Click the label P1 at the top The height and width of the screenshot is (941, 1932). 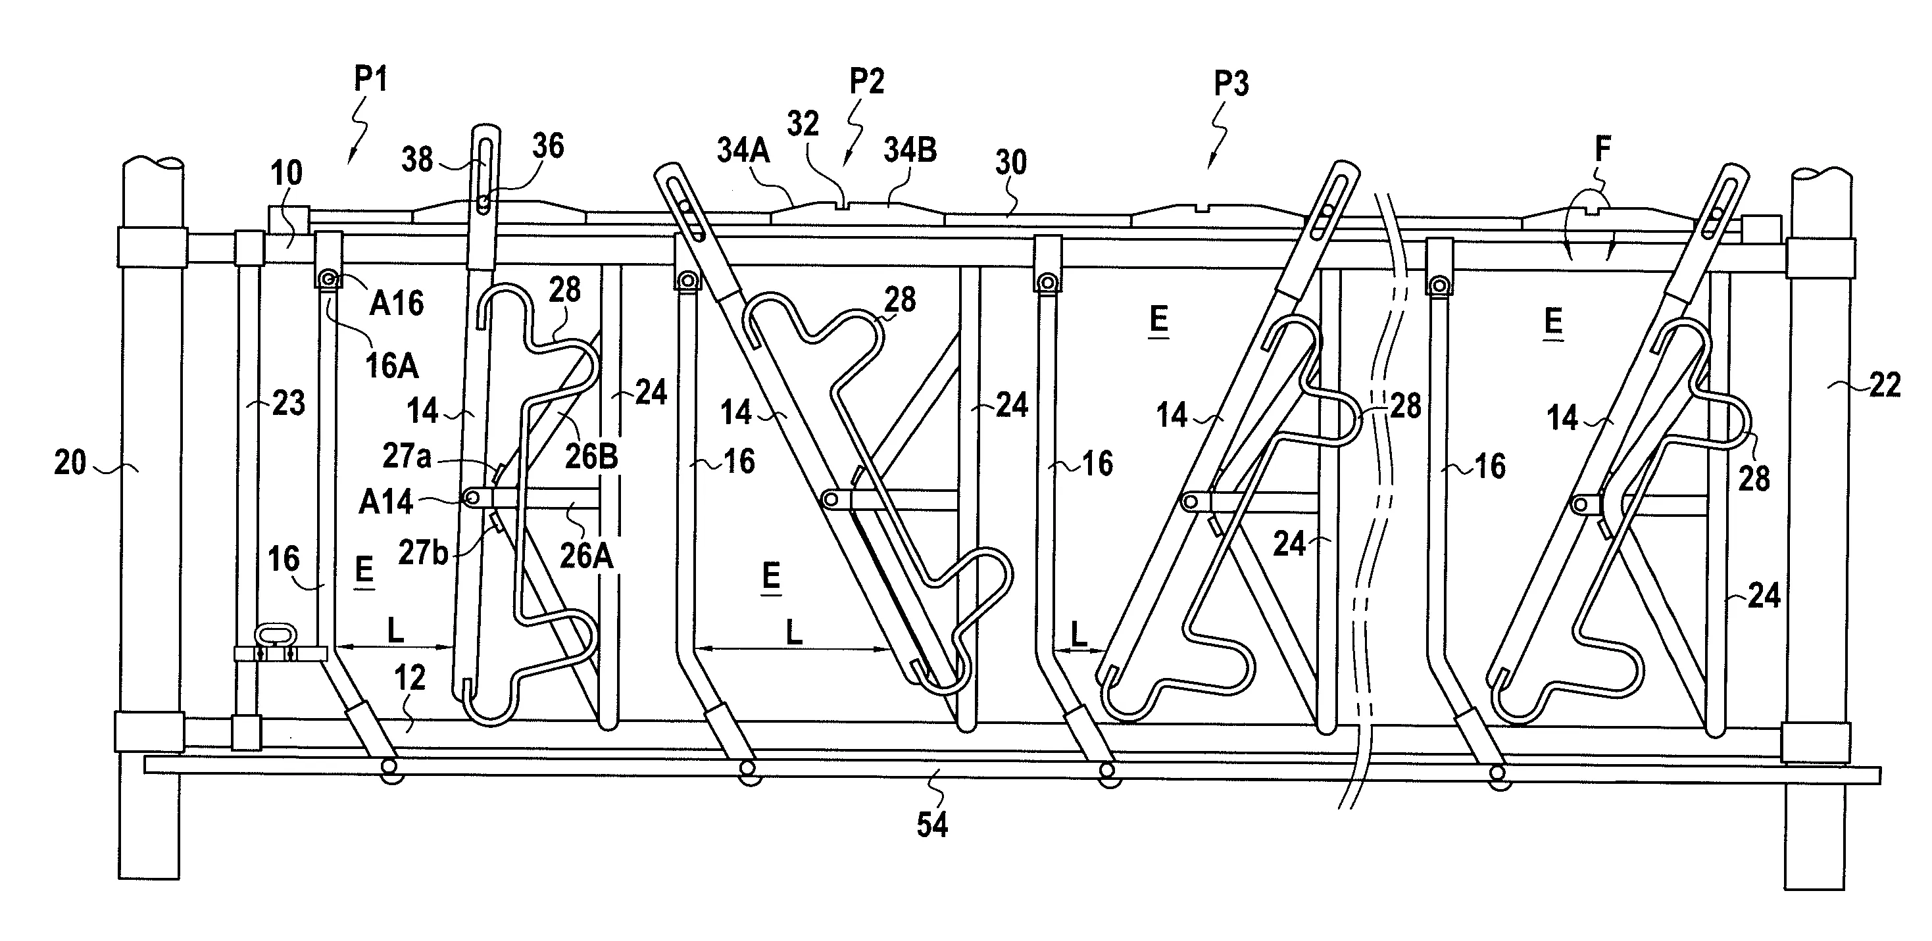pos(370,79)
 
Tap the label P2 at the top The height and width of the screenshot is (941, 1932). pos(867,81)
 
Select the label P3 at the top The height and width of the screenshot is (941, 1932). pos(1231,84)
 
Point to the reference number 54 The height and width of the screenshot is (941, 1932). pos(932,825)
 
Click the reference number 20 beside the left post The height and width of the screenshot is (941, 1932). pos(70,463)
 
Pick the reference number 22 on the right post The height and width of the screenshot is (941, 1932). pos(1885,385)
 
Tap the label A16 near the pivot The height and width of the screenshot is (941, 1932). pos(397,303)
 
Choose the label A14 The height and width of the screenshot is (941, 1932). pos(386,502)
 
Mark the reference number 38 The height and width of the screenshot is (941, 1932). pos(417,159)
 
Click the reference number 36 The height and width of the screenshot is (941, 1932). pos(547,145)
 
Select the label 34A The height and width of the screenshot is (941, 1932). pos(743,150)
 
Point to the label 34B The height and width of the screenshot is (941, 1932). pos(910,150)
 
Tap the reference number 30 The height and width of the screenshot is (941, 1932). pos(1010,162)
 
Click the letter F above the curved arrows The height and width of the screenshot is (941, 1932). pos(1602,150)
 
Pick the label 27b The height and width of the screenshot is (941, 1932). pos(424,552)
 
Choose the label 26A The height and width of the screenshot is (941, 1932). pos(587,556)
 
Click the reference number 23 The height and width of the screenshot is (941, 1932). pos(289,403)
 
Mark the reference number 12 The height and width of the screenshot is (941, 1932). pos(410,678)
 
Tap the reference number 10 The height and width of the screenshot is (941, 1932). pos(287,173)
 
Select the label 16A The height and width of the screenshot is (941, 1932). pos(391,366)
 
